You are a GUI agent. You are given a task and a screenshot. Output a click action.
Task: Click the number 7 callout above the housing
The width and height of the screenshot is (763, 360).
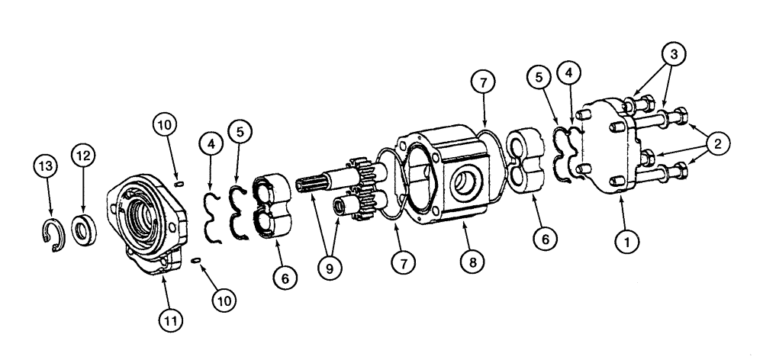click(488, 82)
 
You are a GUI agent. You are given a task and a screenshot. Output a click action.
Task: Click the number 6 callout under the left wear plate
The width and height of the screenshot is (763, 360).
click(285, 279)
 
